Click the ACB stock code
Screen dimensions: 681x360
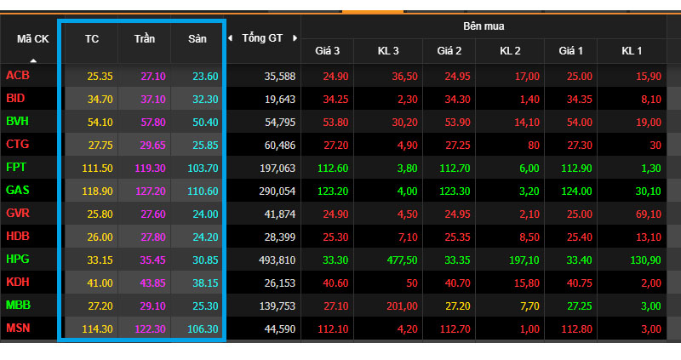(x=18, y=76)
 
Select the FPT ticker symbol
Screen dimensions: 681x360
(x=16, y=167)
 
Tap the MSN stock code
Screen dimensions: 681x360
(x=18, y=328)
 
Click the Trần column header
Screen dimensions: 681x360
(x=145, y=38)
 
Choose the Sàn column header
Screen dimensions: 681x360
(x=197, y=38)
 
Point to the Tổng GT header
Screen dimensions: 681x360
(x=262, y=38)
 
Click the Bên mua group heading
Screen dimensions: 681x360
(x=484, y=26)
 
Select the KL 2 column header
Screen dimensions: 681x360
(x=510, y=51)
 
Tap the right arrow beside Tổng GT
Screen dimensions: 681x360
(x=295, y=38)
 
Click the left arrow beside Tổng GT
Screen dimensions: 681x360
(x=230, y=38)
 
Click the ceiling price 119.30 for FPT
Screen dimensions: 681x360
(x=151, y=168)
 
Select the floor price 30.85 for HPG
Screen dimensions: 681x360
(x=205, y=260)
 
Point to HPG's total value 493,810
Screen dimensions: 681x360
(x=278, y=260)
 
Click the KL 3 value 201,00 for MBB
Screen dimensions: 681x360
(x=402, y=306)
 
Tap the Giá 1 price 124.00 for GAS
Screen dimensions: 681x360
(x=577, y=191)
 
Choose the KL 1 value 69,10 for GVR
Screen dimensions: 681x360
(x=649, y=214)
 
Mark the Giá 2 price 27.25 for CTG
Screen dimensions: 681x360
(x=457, y=145)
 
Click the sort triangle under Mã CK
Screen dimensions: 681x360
(x=33, y=60)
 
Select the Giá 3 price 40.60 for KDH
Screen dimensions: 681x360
(x=335, y=283)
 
